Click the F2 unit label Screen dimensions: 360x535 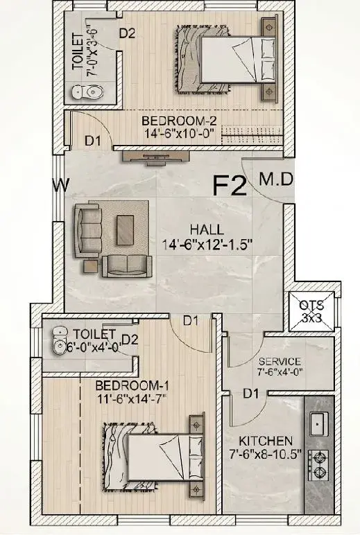[230, 185]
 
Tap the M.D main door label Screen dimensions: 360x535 [276, 179]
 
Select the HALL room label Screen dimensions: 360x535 [207, 229]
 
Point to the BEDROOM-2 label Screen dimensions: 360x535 [180, 121]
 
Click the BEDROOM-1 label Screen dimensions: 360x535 [132, 386]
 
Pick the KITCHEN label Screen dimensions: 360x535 [266, 441]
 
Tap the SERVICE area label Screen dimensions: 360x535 [280, 361]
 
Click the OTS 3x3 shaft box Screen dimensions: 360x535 [311, 312]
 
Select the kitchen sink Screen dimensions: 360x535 [319, 423]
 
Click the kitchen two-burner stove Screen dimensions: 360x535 [318, 465]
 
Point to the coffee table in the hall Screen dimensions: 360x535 [125, 230]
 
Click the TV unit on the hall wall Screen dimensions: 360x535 [156, 157]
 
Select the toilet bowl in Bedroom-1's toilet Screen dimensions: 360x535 [60, 342]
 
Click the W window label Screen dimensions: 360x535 [61, 185]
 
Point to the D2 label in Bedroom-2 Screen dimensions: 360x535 [127, 33]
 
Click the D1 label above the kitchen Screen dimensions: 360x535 [251, 394]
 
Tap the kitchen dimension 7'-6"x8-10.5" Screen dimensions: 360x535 [266, 455]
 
